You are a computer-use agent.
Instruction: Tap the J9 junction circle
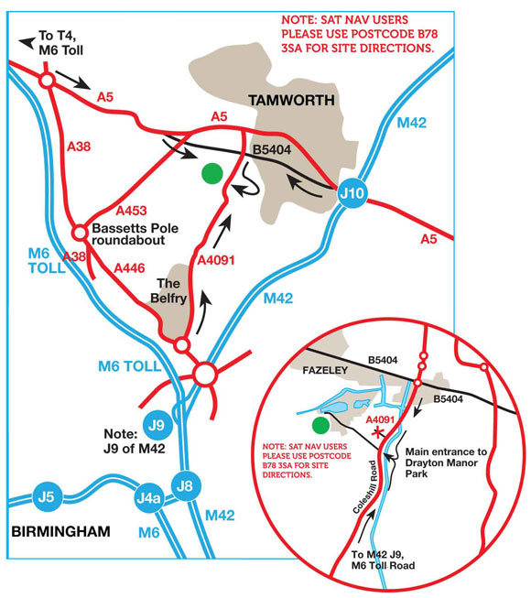click(157, 425)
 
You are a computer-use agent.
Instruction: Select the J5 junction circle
click(47, 497)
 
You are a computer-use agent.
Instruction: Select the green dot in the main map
click(212, 171)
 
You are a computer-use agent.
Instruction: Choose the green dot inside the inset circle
click(320, 425)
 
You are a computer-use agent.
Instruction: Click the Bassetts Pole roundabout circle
click(80, 233)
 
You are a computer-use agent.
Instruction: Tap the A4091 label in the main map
click(217, 261)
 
